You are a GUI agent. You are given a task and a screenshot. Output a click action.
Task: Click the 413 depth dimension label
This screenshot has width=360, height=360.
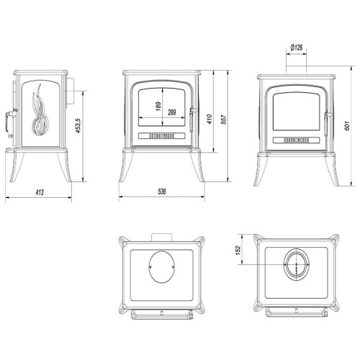point(40,192)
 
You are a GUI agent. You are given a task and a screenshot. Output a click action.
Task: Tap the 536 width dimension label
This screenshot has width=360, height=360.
point(162,192)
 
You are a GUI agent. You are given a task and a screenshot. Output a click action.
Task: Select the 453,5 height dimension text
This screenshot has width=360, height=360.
point(79,126)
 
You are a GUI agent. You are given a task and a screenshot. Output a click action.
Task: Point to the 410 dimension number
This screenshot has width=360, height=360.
point(210,119)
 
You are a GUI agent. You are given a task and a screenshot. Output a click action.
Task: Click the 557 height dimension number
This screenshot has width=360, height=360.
point(223,120)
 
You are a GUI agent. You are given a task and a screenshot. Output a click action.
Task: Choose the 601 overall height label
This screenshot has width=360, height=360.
point(347,125)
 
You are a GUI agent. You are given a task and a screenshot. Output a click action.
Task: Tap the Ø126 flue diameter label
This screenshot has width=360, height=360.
point(297,48)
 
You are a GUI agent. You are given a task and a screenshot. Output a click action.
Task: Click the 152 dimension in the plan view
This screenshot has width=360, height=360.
point(238,251)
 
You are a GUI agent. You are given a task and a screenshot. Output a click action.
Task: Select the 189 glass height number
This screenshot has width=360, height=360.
point(158,107)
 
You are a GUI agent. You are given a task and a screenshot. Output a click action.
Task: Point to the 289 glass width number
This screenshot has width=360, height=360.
point(172,112)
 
